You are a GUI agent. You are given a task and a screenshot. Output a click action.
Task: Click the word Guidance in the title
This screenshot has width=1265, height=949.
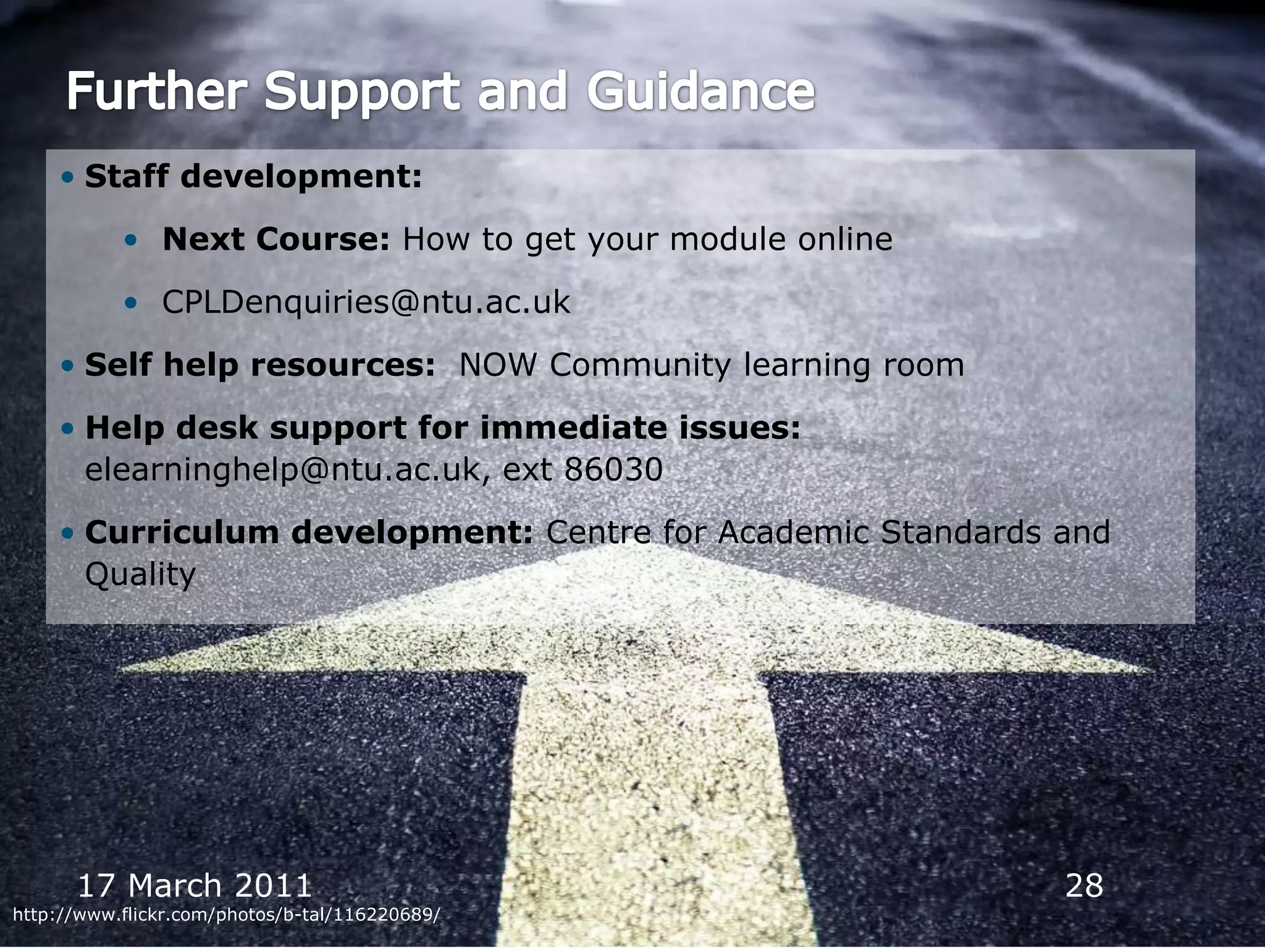[700, 91]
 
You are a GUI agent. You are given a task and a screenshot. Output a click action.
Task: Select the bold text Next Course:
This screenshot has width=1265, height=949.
[275, 239]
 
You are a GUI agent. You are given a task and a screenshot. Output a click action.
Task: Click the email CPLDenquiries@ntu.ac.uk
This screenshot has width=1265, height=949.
[366, 303]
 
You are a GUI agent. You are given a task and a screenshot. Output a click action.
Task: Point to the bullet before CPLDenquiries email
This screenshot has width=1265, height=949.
[130, 303]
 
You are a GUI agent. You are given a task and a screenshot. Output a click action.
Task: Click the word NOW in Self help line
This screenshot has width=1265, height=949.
[498, 365]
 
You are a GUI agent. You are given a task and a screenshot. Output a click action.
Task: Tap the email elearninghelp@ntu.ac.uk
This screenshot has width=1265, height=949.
[282, 470]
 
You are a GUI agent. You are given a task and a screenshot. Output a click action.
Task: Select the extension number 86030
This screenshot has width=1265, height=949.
[613, 470]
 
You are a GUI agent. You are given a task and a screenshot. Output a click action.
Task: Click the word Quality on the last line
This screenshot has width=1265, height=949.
[140, 575]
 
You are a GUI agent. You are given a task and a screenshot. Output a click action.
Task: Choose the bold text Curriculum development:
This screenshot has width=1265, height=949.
[309, 533]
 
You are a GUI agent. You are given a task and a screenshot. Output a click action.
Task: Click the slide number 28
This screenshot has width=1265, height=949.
[1084, 885]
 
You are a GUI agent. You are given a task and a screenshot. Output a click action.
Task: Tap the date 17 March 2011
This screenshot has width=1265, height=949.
[195, 885]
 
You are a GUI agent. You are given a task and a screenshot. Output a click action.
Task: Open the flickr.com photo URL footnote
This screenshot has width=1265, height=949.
[227, 915]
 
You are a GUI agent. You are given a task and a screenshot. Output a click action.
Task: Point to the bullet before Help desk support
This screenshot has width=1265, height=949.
[68, 428]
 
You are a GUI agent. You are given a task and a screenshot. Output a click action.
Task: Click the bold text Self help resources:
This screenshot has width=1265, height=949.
[260, 365]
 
